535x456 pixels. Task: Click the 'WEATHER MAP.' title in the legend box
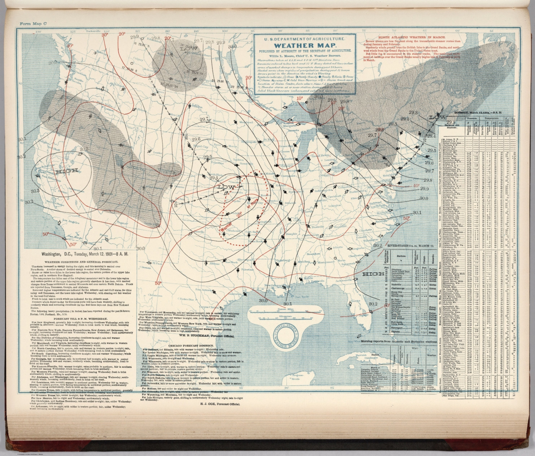click(304, 46)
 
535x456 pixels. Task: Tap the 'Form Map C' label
click(31, 24)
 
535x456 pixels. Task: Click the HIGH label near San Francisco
click(66, 172)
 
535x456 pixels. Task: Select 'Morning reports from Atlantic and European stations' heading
click(398, 342)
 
